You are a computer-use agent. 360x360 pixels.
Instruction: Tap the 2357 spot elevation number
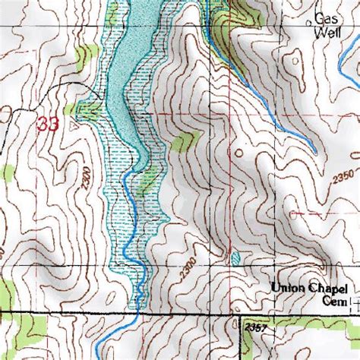[257, 327]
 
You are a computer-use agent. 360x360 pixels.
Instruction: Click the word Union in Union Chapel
[292, 288]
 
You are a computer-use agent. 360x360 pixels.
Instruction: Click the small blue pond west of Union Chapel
[234, 259]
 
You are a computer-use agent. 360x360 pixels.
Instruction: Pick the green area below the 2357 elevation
[304, 346]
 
